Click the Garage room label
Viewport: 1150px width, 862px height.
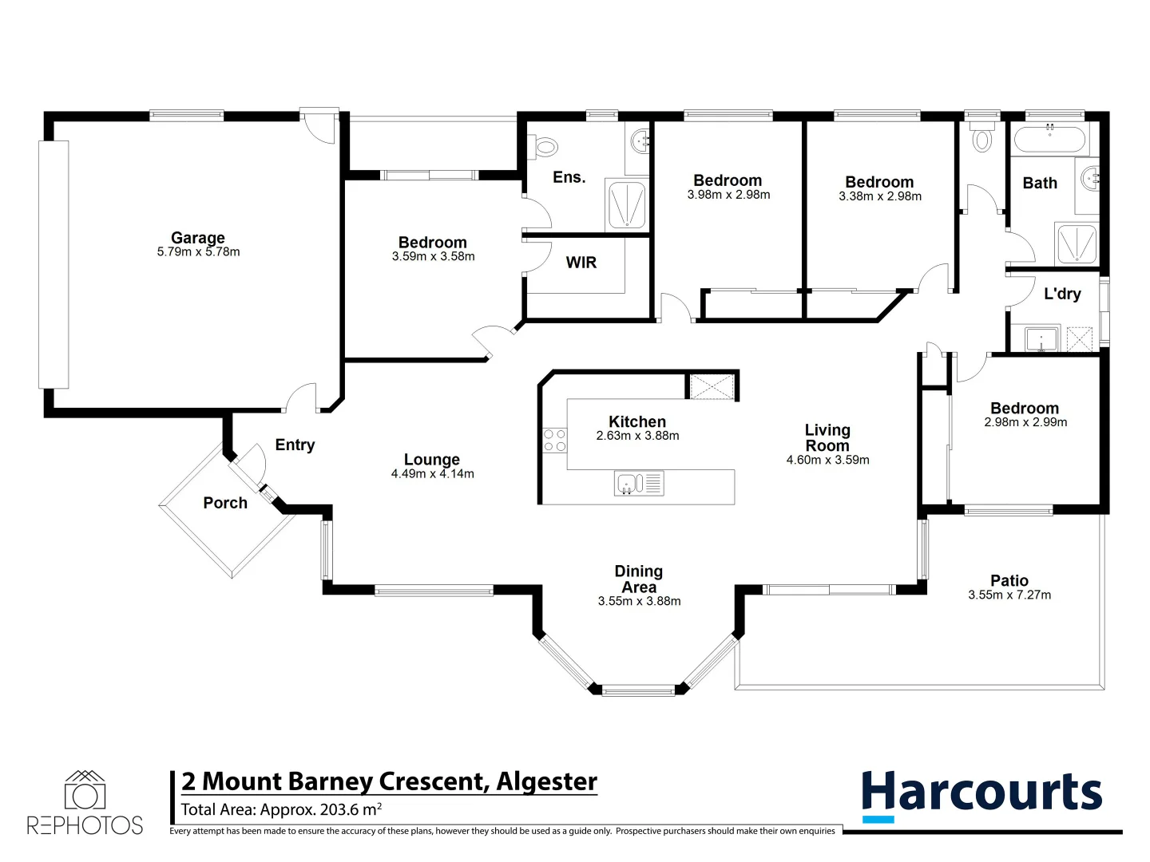(x=198, y=237)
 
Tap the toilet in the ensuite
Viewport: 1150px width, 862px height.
(x=545, y=147)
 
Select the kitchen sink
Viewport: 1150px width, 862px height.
(x=629, y=484)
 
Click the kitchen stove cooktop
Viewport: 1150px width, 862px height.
(x=554, y=441)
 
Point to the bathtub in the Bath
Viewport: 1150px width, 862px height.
(x=1050, y=140)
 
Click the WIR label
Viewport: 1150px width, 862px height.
(x=581, y=263)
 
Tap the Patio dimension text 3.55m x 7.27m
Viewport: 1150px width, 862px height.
(x=1009, y=595)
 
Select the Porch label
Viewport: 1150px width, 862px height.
(x=225, y=503)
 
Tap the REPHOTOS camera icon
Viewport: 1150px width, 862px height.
(x=85, y=792)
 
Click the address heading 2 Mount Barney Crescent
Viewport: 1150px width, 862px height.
(x=389, y=781)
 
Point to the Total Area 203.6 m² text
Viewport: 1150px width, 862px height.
(x=281, y=810)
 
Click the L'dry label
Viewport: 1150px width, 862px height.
(x=1062, y=294)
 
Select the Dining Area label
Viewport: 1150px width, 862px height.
(x=639, y=579)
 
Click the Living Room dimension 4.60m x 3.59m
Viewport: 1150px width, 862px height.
(x=827, y=461)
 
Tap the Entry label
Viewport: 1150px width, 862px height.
(x=295, y=445)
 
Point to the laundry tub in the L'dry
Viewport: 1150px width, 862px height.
(x=1041, y=339)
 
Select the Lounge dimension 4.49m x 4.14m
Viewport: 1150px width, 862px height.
(x=432, y=474)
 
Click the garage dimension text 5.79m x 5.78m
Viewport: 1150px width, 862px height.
(x=198, y=252)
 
